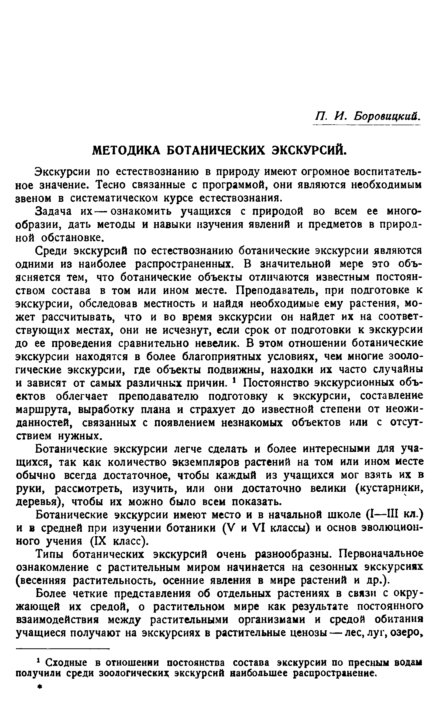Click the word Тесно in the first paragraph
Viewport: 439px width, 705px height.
(111, 185)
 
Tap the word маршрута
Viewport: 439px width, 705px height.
(44, 410)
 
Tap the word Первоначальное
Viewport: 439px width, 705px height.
(381, 554)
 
